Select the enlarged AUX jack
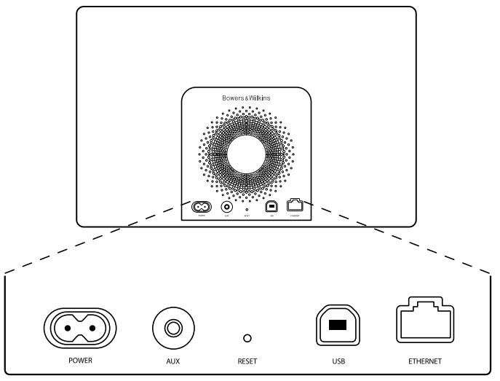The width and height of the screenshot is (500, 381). click(172, 326)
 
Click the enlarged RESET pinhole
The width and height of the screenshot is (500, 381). click(247, 338)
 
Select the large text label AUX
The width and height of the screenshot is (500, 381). click(172, 360)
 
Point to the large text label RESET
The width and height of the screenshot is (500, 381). click(247, 360)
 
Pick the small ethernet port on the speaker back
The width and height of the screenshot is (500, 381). click(295, 206)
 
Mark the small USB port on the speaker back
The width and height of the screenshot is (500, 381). click(271, 207)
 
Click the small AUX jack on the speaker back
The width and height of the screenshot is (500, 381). click(226, 207)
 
